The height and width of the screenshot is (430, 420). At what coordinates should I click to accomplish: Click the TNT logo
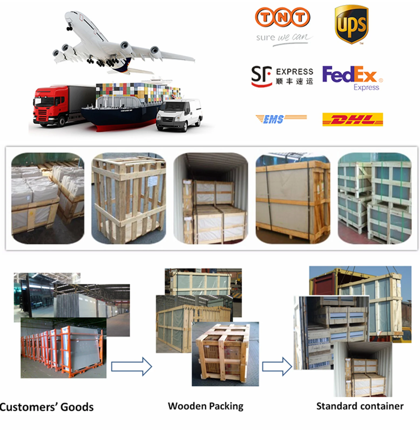point(282,17)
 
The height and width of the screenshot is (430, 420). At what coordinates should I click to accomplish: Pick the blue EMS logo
point(281,118)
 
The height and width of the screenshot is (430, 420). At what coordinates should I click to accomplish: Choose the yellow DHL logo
point(353,119)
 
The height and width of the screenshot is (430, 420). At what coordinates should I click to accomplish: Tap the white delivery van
point(179,115)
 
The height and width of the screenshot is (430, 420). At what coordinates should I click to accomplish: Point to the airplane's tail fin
point(124,66)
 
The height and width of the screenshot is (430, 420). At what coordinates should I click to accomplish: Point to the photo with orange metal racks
point(63,349)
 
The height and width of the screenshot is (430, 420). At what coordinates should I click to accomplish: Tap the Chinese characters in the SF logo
point(294,81)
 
